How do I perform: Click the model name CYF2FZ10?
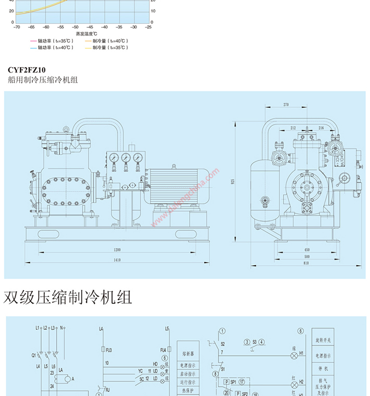[27, 69]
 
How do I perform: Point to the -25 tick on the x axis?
[149, 27]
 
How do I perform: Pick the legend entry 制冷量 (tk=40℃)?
[109, 41]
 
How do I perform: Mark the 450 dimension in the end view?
[306, 250]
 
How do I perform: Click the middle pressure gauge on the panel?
[126, 158]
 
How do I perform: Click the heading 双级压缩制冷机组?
[68, 297]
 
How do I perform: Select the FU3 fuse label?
[109, 349]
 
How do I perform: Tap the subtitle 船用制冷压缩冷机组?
[43, 80]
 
